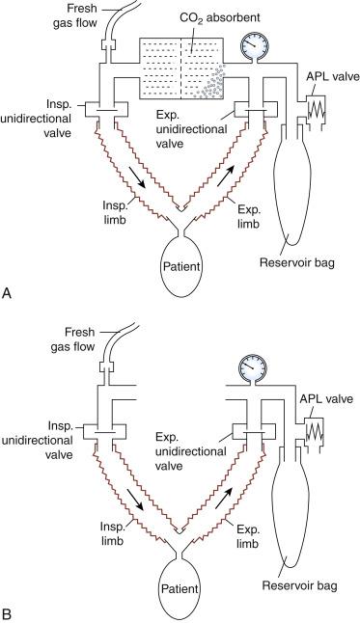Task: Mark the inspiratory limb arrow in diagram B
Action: click(141, 499)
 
